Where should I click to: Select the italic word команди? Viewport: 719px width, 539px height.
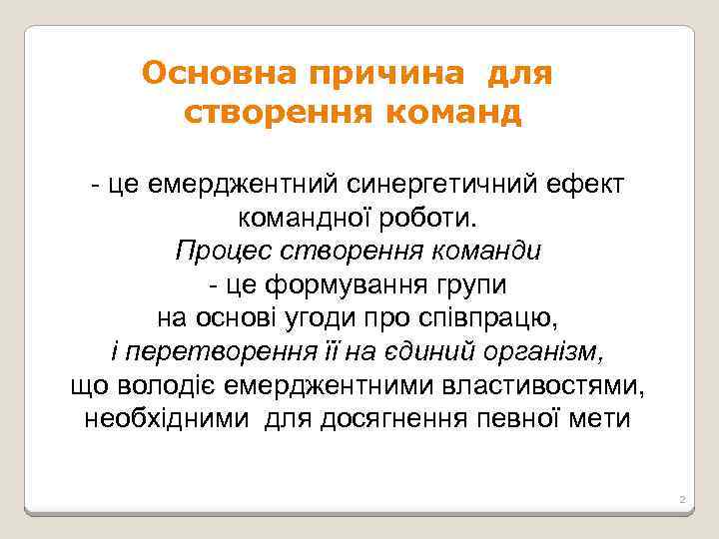487,250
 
